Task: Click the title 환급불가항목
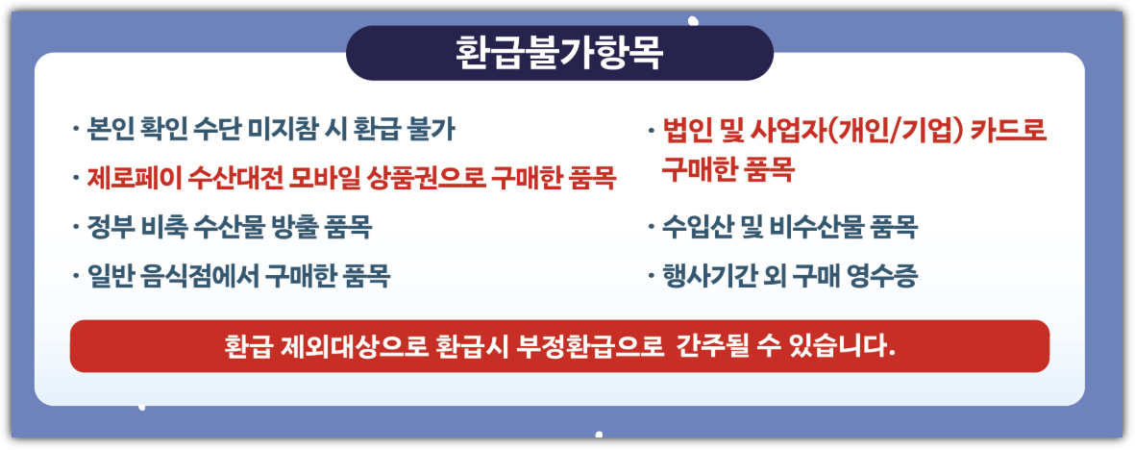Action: pyautogui.click(x=559, y=53)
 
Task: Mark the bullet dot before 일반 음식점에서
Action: pyautogui.click(x=75, y=278)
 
